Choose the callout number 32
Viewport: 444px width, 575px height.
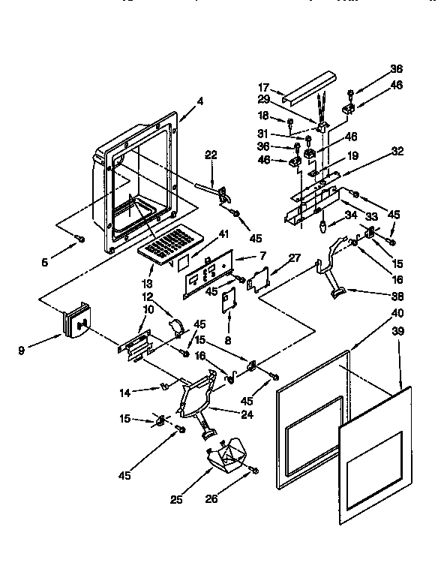click(x=397, y=151)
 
